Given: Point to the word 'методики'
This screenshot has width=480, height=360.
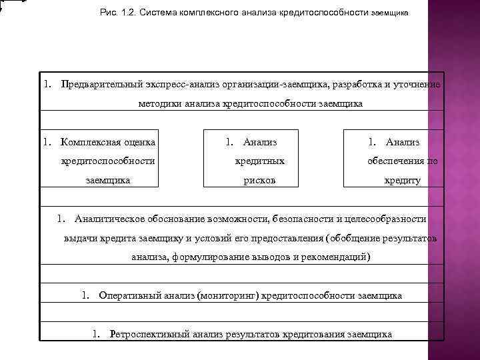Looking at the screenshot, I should [161, 104].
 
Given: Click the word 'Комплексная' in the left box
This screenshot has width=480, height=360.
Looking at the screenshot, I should [87, 142].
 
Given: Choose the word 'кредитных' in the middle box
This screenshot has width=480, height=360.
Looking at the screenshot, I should [260, 161].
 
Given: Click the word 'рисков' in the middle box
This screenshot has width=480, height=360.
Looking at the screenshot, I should [260, 180].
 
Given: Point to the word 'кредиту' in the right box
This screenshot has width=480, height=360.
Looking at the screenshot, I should [402, 180].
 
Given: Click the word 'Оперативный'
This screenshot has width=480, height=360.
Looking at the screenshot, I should [128, 295].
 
